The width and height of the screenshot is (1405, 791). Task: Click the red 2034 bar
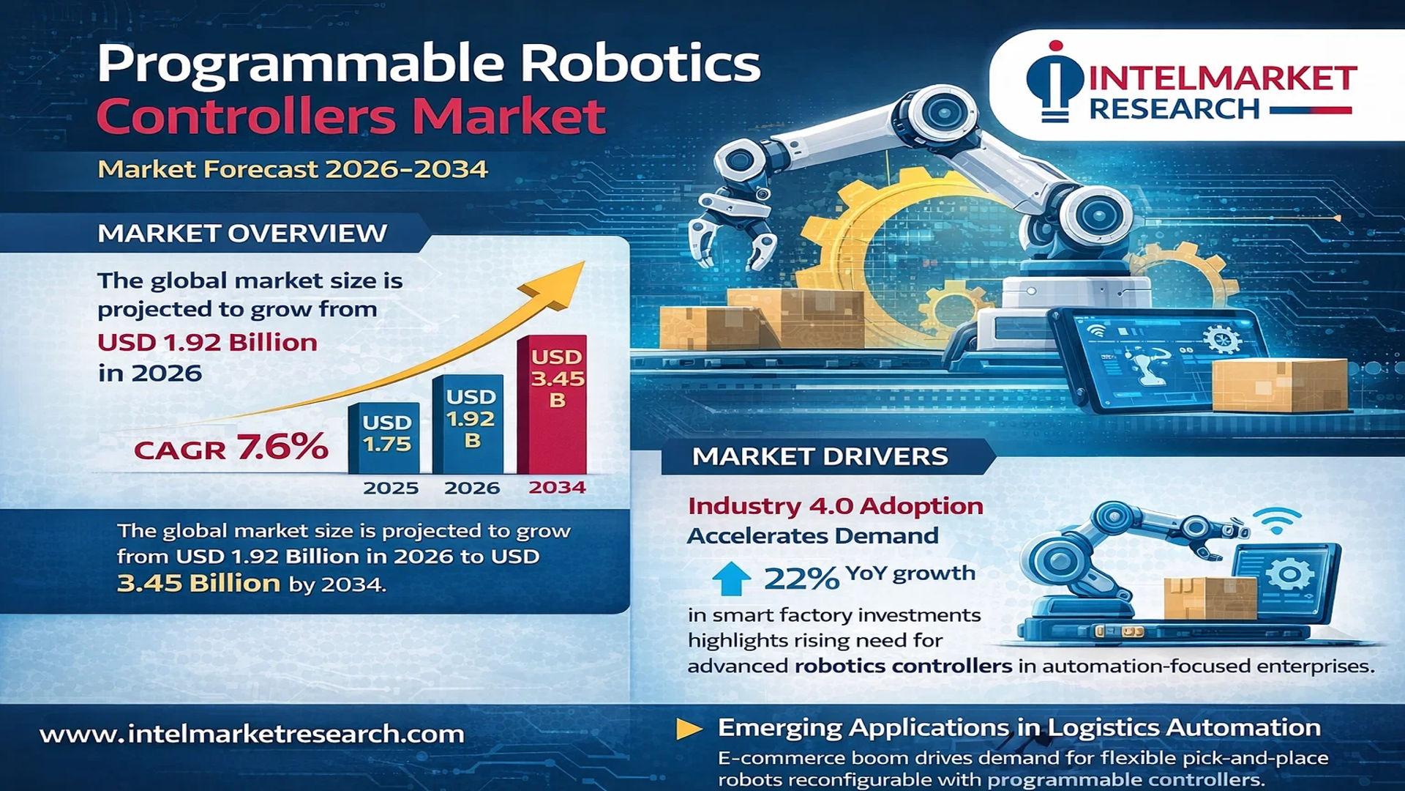pos(552,404)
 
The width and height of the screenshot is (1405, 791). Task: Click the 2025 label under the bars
pos(391,488)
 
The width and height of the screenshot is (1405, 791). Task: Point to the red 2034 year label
pos(557,487)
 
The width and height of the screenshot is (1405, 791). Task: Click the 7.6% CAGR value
pos(282,447)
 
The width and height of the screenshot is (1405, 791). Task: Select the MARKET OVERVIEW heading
pos(242,233)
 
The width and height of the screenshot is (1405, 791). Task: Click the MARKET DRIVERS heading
pos(820,456)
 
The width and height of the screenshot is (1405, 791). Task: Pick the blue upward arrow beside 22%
pos(731,578)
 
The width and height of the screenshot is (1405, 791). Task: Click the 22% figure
pos(801,579)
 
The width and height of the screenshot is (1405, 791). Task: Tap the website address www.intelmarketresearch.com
pos(252,734)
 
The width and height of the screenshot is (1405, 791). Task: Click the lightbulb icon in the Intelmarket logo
pos(1054,81)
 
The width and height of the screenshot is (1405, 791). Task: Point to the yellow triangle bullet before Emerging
pos(688,729)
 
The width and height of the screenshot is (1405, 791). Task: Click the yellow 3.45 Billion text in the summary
pos(198,583)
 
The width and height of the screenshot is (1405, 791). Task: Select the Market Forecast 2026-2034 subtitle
pos(293,169)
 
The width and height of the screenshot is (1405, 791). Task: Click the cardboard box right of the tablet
pos(1279,384)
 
